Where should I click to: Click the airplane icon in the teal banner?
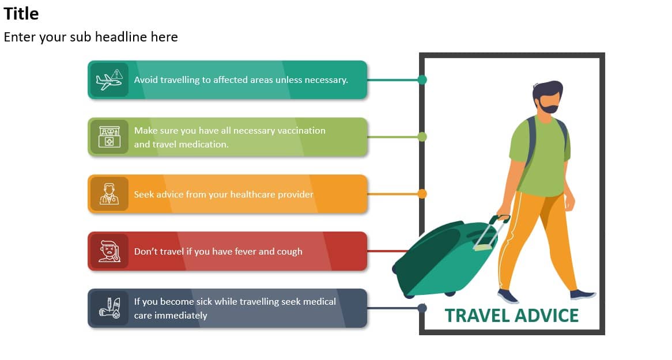tap(110, 79)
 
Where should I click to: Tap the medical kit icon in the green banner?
tap(110, 137)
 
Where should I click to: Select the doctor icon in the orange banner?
tap(110, 194)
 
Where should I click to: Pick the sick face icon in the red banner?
tap(110, 251)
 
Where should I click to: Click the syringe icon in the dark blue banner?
tap(110, 308)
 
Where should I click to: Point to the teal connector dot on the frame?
tap(422, 79)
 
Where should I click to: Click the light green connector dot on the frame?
tap(422, 137)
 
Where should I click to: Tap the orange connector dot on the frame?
tap(422, 194)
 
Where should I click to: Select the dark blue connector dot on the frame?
tap(422, 308)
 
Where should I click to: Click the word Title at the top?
tap(21, 14)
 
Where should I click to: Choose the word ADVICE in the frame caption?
tap(546, 316)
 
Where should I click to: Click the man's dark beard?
tap(549, 106)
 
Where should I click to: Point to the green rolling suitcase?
tap(446, 257)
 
